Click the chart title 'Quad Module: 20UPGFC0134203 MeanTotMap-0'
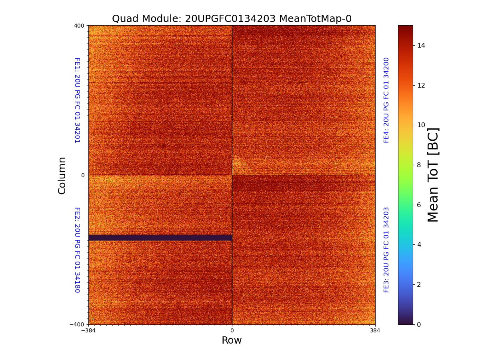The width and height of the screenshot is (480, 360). click(232, 19)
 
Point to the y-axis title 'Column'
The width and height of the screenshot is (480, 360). click(62, 175)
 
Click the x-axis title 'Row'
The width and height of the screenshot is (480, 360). click(232, 340)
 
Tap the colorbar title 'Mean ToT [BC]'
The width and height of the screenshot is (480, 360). click(433, 175)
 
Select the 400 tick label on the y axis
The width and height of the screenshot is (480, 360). click(79, 26)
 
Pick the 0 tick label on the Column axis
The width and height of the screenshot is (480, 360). click(83, 175)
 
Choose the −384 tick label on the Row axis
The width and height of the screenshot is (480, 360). click(88, 331)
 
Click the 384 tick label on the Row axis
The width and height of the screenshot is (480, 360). click(375, 331)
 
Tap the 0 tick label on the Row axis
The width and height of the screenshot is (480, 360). click(232, 331)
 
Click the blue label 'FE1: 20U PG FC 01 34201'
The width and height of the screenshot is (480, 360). click(77, 100)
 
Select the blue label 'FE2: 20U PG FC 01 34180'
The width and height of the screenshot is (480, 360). click(77, 250)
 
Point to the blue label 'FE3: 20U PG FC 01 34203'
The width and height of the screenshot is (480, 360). click(386, 250)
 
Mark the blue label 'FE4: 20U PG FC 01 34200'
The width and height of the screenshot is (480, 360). click(386, 100)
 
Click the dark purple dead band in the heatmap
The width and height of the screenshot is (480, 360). click(160, 238)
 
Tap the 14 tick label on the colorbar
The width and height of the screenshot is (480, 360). click(421, 45)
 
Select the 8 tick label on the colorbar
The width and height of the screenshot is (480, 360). click(419, 165)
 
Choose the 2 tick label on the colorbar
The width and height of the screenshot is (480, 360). click(419, 284)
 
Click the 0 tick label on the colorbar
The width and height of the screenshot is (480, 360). click(419, 324)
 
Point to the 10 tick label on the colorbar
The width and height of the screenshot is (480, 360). click(421, 125)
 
